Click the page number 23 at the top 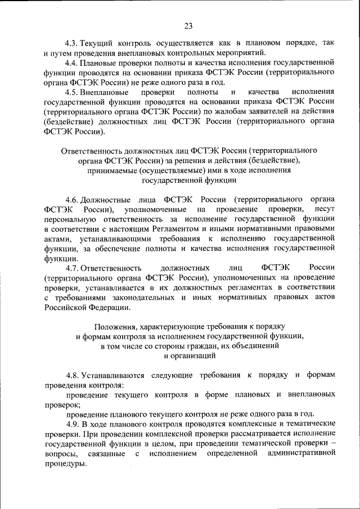click(x=188, y=25)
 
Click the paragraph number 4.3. click(x=71, y=43)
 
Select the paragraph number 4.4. click(x=71, y=63)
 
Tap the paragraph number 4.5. click(x=71, y=92)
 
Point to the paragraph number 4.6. click(x=71, y=200)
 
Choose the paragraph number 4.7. click(x=71, y=268)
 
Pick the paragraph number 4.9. click(x=71, y=423)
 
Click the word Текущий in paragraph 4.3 click(x=98, y=43)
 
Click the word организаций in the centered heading click(x=194, y=355)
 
